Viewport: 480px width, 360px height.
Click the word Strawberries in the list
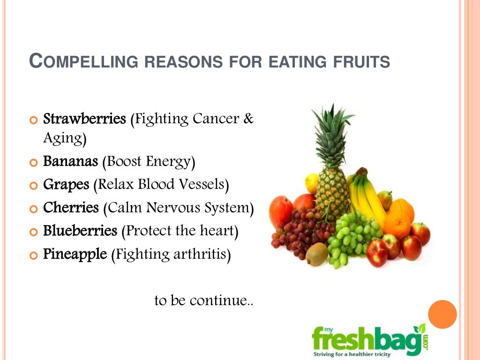tap(84, 119)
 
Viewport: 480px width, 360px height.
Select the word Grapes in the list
tap(66, 185)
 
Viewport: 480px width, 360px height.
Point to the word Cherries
tap(71, 208)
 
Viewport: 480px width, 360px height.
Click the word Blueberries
tap(80, 231)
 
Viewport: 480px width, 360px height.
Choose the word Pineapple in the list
tap(75, 254)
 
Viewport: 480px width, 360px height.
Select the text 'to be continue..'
tap(204, 300)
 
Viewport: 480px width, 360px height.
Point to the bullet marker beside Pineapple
tap(32, 255)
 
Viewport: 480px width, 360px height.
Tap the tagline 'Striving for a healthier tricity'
tap(352, 354)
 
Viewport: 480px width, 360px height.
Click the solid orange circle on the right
tap(442, 315)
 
